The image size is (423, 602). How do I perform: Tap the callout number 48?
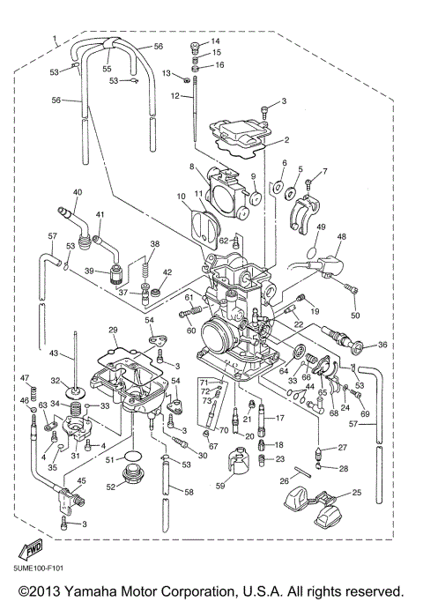[341, 236]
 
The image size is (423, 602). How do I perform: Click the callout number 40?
[77, 192]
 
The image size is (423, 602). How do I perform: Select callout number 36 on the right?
[382, 345]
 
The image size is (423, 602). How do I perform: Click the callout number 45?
[81, 480]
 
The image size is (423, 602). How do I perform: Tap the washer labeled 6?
[279, 186]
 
